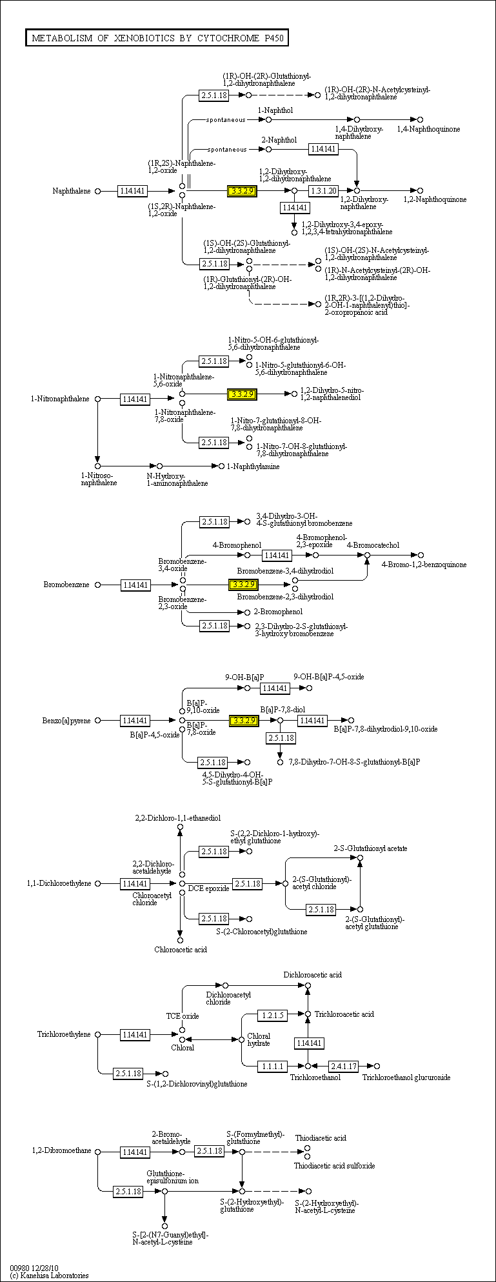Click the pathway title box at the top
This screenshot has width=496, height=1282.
[157, 38]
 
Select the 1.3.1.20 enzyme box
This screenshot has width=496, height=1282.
[323, 191]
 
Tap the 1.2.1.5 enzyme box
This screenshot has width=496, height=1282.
[272, 1015]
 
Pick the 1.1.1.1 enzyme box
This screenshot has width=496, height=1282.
[272, 1066]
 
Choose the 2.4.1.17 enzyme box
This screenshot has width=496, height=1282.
[343, 1066]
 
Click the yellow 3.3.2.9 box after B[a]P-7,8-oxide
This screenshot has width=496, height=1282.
[244, 720]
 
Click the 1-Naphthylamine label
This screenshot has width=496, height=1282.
[253, 466]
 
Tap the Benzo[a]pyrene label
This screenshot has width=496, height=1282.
[66, 720]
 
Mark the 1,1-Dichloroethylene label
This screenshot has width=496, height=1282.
[59, 883]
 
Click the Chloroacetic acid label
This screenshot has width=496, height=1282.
[180, 949]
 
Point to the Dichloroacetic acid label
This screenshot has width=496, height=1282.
[312, 975]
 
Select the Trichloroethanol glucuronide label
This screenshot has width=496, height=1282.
[406, 1077]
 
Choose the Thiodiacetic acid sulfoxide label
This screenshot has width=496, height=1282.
[334, 1166]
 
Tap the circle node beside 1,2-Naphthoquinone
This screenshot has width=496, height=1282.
[420, 190]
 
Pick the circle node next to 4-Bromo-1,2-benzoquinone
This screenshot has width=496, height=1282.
[421, 555]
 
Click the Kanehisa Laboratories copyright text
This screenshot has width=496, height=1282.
[50, 1276]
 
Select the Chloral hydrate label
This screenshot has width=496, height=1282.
[259, 1039]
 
